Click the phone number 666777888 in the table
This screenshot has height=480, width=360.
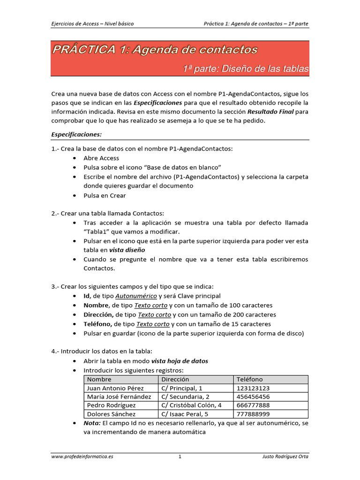[x=253, y=405]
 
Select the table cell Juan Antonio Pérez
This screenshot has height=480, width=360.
[x=115, y=388]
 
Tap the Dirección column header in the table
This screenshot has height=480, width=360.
[x=175, y=379]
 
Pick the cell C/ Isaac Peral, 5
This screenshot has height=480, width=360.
[x=185, y=414]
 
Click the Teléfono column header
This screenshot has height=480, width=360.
[x=250, y=379]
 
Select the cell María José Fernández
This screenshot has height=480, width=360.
[x=119, y=397]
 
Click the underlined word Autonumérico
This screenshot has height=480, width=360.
[x=136, y=296]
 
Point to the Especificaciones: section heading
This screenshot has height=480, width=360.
[x=76, y=134]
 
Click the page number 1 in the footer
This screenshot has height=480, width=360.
[x=180, y=457]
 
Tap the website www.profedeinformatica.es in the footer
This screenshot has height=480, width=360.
[x=82, y=457]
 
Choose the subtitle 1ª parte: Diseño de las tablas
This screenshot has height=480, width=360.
[x=245, y=69]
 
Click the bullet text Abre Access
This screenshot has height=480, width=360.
[x=101, y=158]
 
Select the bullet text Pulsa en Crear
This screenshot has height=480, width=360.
[x=105, y=195]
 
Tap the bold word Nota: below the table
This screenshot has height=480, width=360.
[x=92, y=423]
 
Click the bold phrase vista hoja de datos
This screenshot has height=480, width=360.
[x=180, y=361]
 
